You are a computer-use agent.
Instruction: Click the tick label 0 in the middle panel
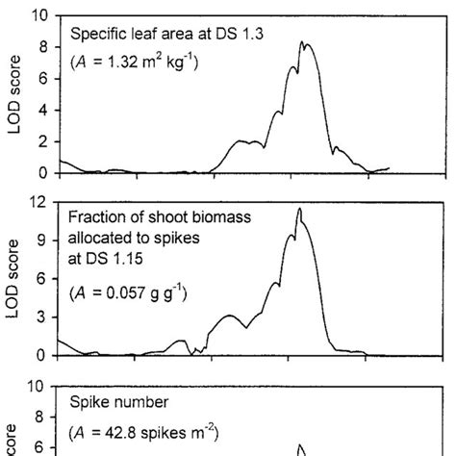pyautogui.click(x=42, y=355)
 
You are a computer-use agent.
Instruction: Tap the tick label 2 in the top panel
pyautogui.click(x=42, y=141)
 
